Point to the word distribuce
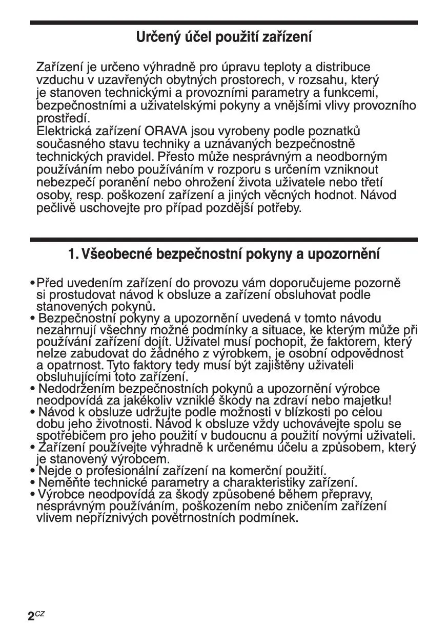click(x=342, y=67)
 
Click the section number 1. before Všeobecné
click(x=73, y=253)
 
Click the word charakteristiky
click(x=266, y=482)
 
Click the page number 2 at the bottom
click(x=31, y=616)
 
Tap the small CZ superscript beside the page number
click(x=40, y=613)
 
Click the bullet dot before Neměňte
click(x=33, y=482)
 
